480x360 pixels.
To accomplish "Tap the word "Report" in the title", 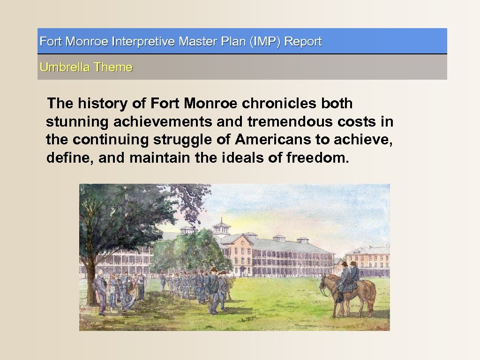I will (x=303, y=41).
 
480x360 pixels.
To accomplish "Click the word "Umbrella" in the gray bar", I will (x=65, y=67).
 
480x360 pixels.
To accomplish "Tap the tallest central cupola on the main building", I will (x=221, y=228).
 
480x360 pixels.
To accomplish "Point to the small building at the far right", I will (x=369, y=261).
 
